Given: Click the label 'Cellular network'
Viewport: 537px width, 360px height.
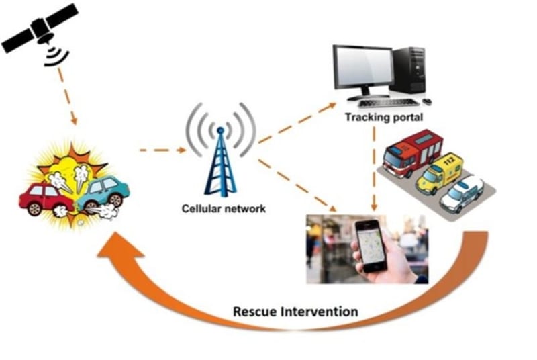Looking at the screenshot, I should (x=224, y=208).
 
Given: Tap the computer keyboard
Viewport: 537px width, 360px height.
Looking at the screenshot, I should (x=389, y=103).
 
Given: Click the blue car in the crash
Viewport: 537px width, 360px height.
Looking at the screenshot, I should (x=101, y=191).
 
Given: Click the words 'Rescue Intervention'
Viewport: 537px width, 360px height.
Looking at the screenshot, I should (x=295, y=312).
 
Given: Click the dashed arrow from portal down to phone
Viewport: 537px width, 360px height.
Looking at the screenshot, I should (x=373, y=168).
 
